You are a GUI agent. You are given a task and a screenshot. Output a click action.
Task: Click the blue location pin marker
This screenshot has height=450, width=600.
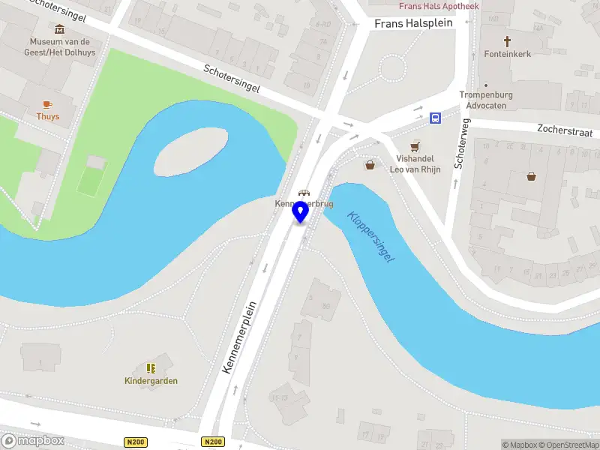[x=301, y=211]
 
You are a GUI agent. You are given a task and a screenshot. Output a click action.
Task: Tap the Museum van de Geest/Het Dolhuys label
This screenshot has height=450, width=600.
[x=60, y=46]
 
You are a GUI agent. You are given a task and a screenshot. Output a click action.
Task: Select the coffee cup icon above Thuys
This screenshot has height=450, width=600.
[x=47, y=104]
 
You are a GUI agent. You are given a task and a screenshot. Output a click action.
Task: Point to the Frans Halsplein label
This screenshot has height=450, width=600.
[x=413, y=24]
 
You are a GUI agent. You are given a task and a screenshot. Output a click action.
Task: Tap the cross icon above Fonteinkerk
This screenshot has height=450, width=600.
[x=507, y=40]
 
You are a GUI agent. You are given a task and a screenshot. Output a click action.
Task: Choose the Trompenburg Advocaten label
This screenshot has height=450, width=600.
[x=484, y=100]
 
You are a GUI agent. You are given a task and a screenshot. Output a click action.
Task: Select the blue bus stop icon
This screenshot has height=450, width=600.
[x=435, y=118]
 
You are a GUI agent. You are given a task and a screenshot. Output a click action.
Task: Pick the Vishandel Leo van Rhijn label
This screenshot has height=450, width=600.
[x=415, y=164]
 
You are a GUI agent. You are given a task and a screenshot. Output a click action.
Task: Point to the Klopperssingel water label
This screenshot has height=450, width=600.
[x=370, y=235]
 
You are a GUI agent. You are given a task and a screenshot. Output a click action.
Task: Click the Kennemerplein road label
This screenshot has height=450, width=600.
[x=240, y=337]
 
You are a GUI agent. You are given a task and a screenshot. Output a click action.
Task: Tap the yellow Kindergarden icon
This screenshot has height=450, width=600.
[x=151, y=368]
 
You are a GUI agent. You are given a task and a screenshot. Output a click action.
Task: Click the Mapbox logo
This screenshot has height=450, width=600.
[x=32, y=440]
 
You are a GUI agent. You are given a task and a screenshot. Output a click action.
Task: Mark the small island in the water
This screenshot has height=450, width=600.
[x=190, y=149]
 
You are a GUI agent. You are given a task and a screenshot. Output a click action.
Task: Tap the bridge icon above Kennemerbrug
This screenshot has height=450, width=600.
[x=303, y=193]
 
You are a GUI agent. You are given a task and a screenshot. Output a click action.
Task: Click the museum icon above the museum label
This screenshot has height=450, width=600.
[x=60, y=29]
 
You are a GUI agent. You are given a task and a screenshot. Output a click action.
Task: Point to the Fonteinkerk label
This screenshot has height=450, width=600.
[x=508, y=54]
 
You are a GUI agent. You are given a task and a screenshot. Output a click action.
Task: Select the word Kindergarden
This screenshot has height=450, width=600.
[x=151, y=381]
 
